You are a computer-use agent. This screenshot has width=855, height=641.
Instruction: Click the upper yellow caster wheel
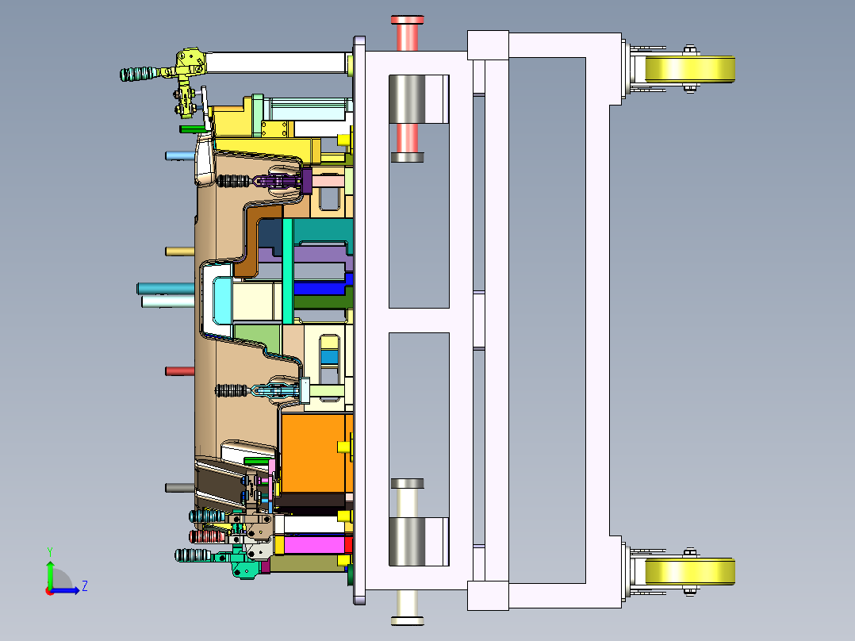tap(690, 69)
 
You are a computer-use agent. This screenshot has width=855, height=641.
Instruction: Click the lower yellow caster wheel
tap(690, 572)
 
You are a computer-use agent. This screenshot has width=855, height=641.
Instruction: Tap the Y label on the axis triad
tap(50, 552)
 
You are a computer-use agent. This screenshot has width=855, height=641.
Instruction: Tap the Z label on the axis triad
tap(85, 586)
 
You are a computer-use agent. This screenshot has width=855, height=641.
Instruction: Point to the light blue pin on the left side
tap(180, 156)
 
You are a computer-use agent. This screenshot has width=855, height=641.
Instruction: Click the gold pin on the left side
tap(180, 251)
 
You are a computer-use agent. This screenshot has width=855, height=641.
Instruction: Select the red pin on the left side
tap(180, 371)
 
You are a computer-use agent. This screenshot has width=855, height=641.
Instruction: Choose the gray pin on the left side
tap(180, 488)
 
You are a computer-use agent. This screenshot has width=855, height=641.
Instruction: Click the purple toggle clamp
tap(284, 181)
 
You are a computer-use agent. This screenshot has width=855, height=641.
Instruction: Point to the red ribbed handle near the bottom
tap(206, 537)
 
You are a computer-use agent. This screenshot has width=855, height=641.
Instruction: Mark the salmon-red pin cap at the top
tap(408, 33)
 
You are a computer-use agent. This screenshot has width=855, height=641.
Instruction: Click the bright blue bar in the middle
tap(322, 286)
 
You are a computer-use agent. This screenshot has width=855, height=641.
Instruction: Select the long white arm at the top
tap(278, 63)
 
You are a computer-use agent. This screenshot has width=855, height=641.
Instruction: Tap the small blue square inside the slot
tap(329, 357)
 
